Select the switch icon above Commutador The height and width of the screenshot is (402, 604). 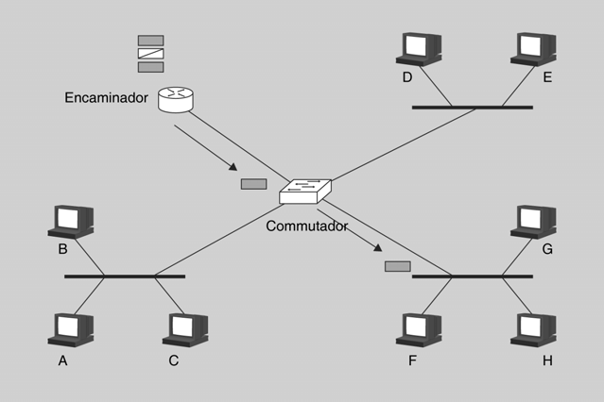(305, 192)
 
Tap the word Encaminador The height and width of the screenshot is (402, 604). (107, 97)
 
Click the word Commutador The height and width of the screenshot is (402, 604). (307, 226)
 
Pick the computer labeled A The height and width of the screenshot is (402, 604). (69, 327)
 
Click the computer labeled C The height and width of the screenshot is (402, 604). (184, 327)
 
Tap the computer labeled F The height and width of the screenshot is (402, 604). (418, 327)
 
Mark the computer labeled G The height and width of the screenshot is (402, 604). (534, 220)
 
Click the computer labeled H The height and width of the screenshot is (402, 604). (534, 327)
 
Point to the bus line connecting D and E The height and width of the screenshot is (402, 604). (472, 108)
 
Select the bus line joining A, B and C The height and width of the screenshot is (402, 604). (124, 276)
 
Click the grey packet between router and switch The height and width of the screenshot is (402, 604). (253, 183)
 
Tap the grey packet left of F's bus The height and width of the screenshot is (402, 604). (397, 267)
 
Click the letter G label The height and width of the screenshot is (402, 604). (547, 250)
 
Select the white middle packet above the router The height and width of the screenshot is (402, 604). (150, 54)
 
